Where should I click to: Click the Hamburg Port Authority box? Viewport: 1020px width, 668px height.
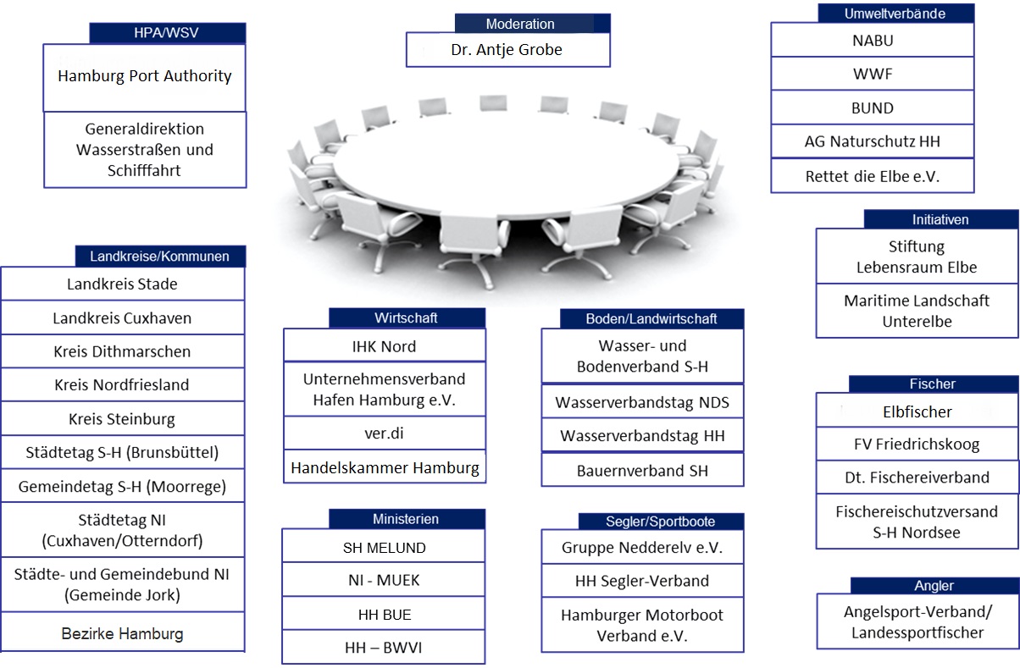pyautogui.click(x=144, y=76)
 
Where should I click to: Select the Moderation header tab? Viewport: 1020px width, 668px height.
pyautogui.click(x=520, y=24)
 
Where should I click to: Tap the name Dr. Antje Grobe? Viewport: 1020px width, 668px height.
pyautogui.click(x=507, y=50)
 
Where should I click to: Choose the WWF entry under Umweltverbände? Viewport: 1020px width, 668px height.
pyautogui.click(x=872, y=75)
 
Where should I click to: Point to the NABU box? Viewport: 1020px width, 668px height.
pyautogui.click(x=872, y=40)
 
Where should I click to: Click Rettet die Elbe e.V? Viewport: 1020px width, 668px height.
pyautogui.click(x=872, y=177)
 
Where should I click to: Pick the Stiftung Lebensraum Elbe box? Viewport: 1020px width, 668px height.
pyautogui.click(x=917, y=257)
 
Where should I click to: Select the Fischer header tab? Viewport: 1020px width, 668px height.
pyautogui.click(x=932, y=384)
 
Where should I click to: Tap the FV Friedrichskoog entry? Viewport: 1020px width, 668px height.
pyautogui.click(x=917, y=444)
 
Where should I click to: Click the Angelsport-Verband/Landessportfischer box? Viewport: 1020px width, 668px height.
pyautogui.click(x=917, y=621)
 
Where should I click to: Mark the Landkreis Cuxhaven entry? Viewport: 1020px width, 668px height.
pyautogui.click(x=122, y=318)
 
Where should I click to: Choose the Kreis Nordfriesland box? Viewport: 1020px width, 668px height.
pyautogui.click(x=122, y=384)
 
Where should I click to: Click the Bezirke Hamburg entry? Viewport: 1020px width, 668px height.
pyautogui.click(x=122, y=633)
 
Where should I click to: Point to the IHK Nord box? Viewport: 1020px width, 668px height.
pyautogui.click(x=384, y=346)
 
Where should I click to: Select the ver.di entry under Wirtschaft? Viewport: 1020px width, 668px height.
pyautogui.click(x=384, y=433)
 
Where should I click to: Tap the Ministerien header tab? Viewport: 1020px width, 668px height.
pyautogui.click(x=406, y=519)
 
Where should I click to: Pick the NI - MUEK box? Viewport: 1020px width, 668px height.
pyautogui.click(x=384, y=581)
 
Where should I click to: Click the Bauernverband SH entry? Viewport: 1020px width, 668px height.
pyautogui.click(x=642, y=470)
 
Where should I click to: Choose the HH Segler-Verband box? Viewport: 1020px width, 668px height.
pyautogui.click(x=642, y=581)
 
